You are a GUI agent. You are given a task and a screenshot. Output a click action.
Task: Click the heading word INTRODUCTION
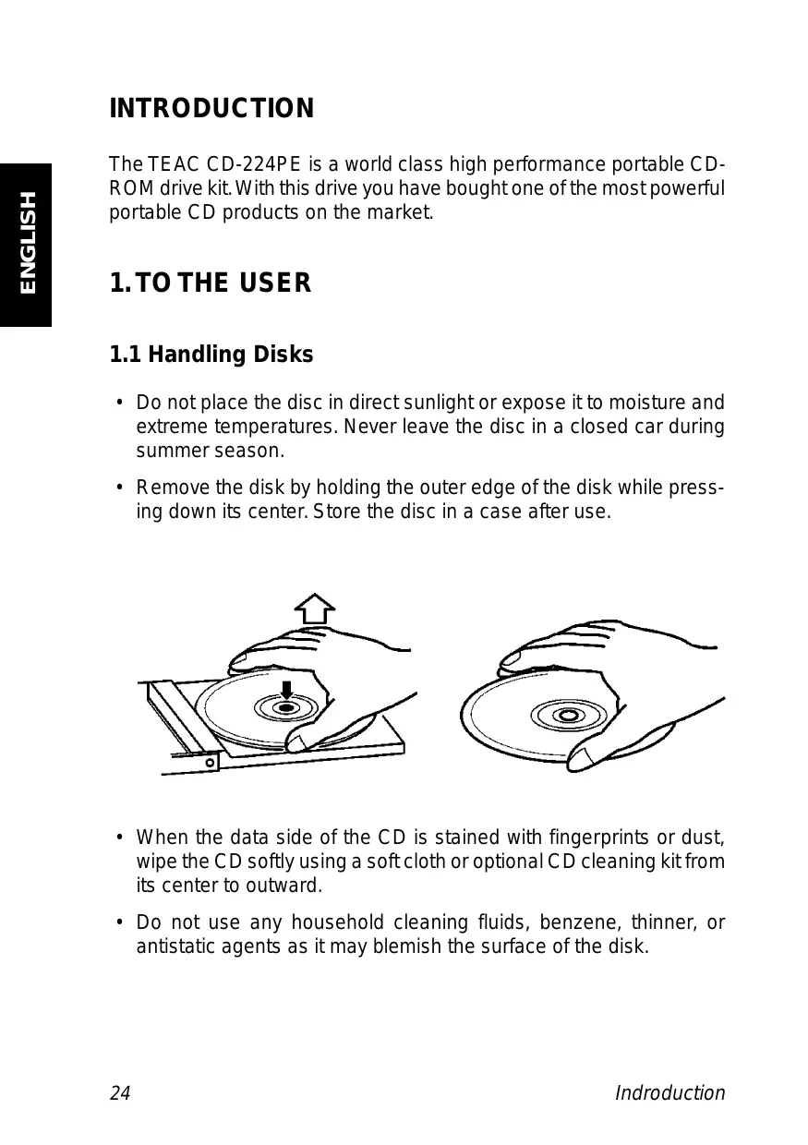tap(211, 109)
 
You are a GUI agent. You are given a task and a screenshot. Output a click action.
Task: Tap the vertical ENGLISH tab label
tap(27, 242)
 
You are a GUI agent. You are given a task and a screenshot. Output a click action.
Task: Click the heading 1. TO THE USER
tap(211, 283)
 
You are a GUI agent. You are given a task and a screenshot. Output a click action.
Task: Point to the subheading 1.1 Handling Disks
tap(211, 355)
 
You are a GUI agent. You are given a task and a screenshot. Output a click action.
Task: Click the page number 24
tap(120, 1094)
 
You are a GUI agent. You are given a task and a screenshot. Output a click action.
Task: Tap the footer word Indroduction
tap(670, 1094)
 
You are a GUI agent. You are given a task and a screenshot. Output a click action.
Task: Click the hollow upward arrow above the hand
tap(314, 609)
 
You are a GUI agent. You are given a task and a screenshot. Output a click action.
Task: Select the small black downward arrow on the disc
tap(287, 690)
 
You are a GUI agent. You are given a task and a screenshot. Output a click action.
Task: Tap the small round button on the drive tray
tap(211, 763)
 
